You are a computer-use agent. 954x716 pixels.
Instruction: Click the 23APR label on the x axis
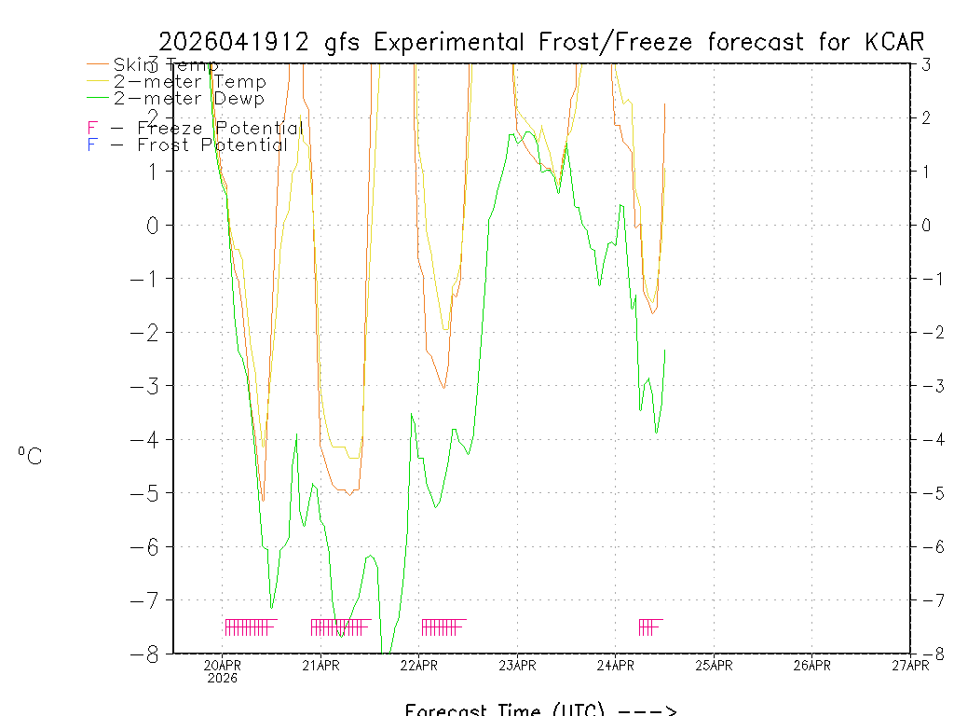[x=517, y=665]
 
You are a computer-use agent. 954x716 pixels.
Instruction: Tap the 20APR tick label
[x=223, y=665]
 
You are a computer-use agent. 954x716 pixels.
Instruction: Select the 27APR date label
[x=909, y=665]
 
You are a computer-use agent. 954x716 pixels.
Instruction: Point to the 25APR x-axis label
[x=714, y=665]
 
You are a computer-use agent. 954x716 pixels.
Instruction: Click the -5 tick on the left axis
[x=149, y=493]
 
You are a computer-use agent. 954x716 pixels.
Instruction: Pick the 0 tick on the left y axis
[x=155, y=225]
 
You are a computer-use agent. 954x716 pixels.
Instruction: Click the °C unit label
[x=30, y=456]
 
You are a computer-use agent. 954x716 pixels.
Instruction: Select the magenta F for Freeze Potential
[x=91, y=129]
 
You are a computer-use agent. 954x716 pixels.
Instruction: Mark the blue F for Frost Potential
[x=91, y=145]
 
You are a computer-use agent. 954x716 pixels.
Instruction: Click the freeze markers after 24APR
[x=649, y=626]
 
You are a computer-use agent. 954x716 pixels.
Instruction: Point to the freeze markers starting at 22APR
[x=443, y=626]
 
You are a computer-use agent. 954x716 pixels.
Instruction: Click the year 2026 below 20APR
[x=223, y=678]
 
